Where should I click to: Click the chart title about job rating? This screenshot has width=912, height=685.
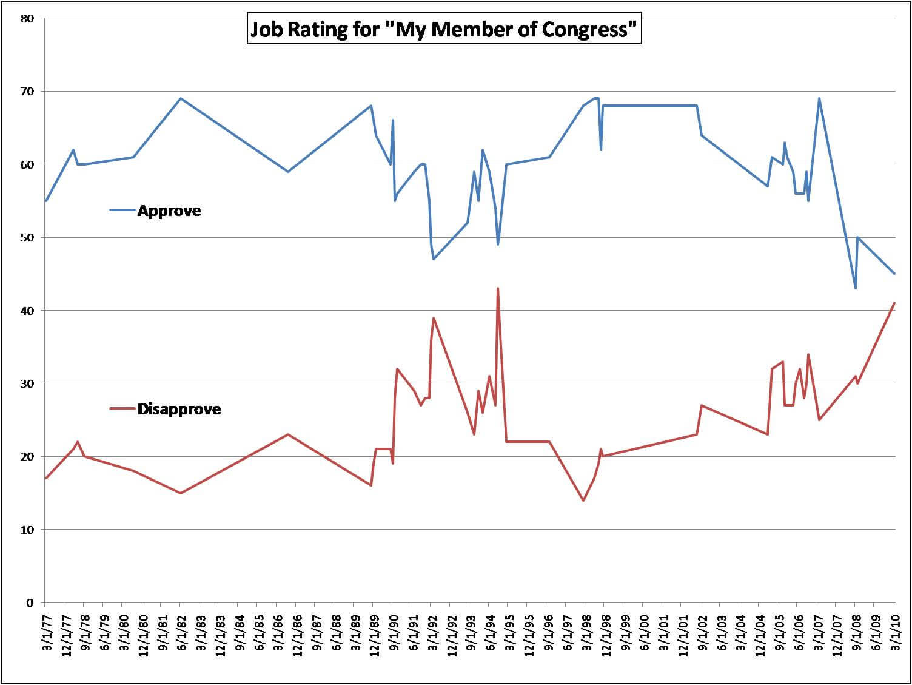tap(444, 29)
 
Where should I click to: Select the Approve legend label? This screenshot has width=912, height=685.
tap(169, 211)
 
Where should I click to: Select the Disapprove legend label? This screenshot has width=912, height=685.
tap(179, 409)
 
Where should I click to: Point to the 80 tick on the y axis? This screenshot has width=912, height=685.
tap(27, 18)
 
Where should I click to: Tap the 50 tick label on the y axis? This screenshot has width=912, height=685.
tap(27, 237)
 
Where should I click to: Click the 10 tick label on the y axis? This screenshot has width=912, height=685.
tap(27, 530)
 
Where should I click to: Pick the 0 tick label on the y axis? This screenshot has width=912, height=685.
tap(30, 602)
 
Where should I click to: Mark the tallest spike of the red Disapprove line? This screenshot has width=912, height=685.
tap(498, 288)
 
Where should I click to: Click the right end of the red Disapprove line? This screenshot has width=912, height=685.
tap(894, 303)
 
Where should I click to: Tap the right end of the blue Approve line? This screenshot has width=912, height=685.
tap(894, 274)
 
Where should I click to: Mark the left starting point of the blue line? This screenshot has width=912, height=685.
tap(45, 201)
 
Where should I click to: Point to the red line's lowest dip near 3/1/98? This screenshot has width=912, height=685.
tap(583, 501)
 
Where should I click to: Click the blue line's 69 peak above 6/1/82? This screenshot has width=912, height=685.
tap(181, 98)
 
